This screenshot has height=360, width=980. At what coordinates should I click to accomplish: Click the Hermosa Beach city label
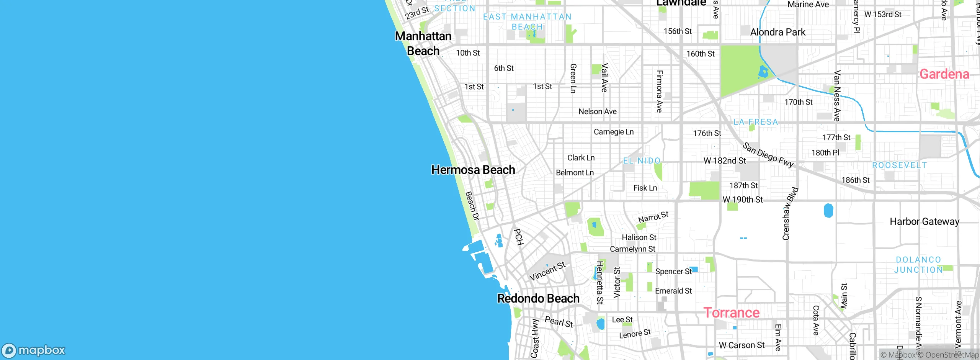[x=473, y=170]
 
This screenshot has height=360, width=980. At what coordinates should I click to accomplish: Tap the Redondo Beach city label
[x=538, y=298]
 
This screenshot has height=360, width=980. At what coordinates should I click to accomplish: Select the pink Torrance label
[x=731, y=313]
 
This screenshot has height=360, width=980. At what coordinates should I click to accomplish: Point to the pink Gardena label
[x=944, y=74]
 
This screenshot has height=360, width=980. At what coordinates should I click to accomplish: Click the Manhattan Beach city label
[x=423, y=43]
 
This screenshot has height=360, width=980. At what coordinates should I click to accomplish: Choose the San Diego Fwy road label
[x=768, y=155]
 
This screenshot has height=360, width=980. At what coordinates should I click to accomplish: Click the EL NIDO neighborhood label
[x=642, y=161]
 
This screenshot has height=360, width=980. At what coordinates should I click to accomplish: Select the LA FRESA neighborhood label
[x=756, y=122]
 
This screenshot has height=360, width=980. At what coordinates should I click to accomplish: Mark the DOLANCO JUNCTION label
[x=918, y=265]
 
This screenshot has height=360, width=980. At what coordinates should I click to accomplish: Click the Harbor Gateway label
[x=924, y=221]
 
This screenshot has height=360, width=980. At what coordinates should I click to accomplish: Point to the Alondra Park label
[x=777, y=32]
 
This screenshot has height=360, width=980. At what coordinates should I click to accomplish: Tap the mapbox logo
[x=34, y=350]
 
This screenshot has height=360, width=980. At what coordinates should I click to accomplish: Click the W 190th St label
[x=742, y=200]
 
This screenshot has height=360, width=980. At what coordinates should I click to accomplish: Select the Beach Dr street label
[x=472, y=206]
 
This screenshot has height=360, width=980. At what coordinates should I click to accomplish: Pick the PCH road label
[x=518, y=237]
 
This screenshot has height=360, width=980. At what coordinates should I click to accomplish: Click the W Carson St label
[x=742, y=345]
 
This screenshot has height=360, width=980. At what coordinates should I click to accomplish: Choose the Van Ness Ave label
[x=837, y=96]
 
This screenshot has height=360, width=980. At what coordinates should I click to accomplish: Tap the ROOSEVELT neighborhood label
[x=899, y=165]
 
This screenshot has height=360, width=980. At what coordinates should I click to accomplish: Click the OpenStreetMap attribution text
[x=952, y=355]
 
